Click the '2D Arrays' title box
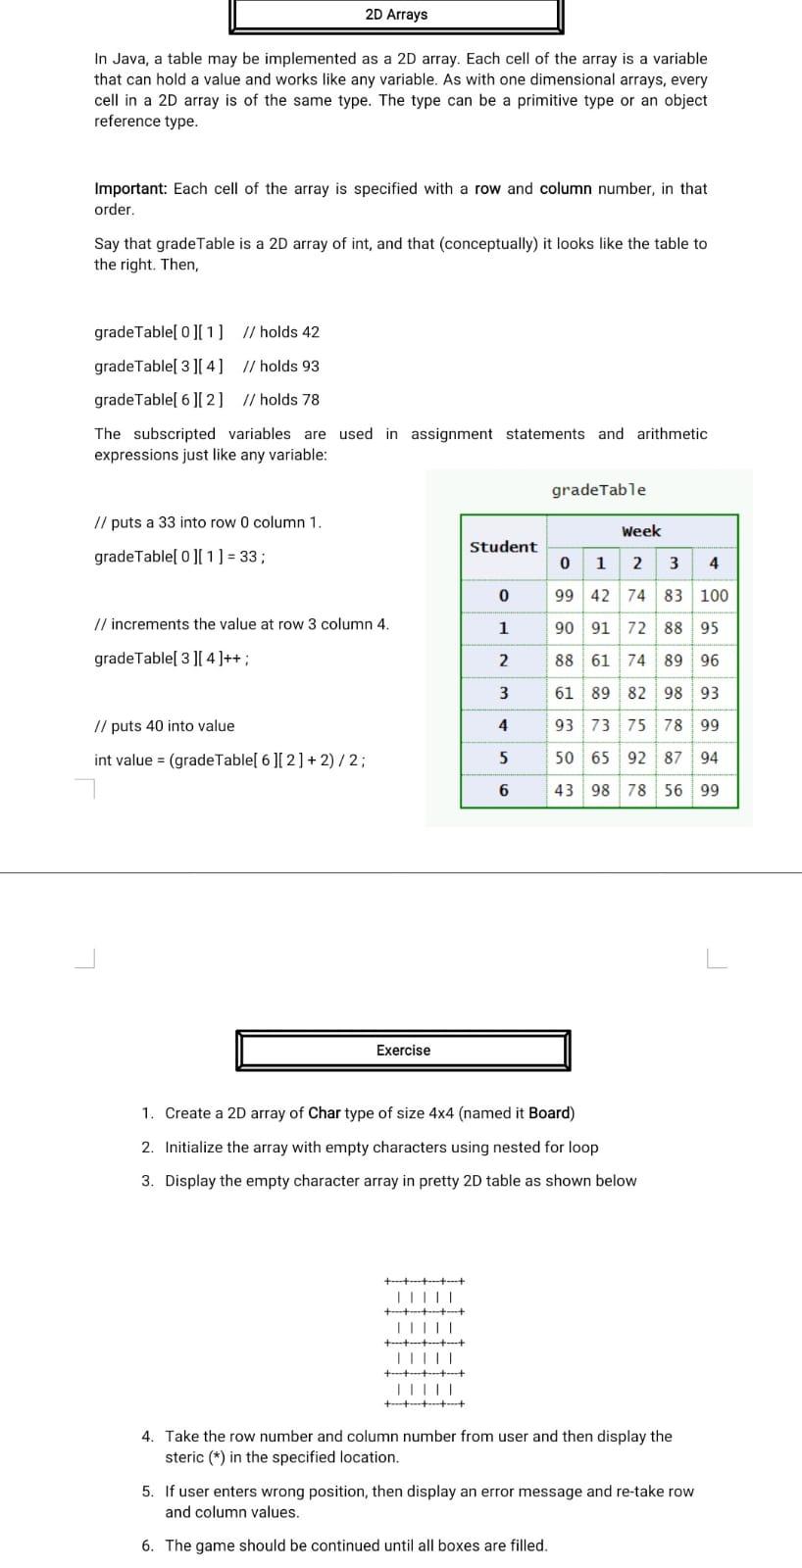pos(396,15)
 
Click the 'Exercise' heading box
pos(403,1051)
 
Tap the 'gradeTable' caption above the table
pos(598,490)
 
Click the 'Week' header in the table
pos(641,531)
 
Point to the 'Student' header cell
pos(503,547)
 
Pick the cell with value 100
pos(714,595)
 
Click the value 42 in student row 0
pos(600,595)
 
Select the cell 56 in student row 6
pos(674,790)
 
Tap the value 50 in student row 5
pos(564,758)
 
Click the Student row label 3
pos(503,693)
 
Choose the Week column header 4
pos(713,563)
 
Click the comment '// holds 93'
pos(280,366)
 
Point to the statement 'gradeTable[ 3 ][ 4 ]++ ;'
pos(171,659)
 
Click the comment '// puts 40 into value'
pos(164,726)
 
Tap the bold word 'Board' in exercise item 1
pos(549,1113)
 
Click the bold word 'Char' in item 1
pos(325,1113)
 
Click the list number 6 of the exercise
pos(147,1545)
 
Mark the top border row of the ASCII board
pos(424,1280)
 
